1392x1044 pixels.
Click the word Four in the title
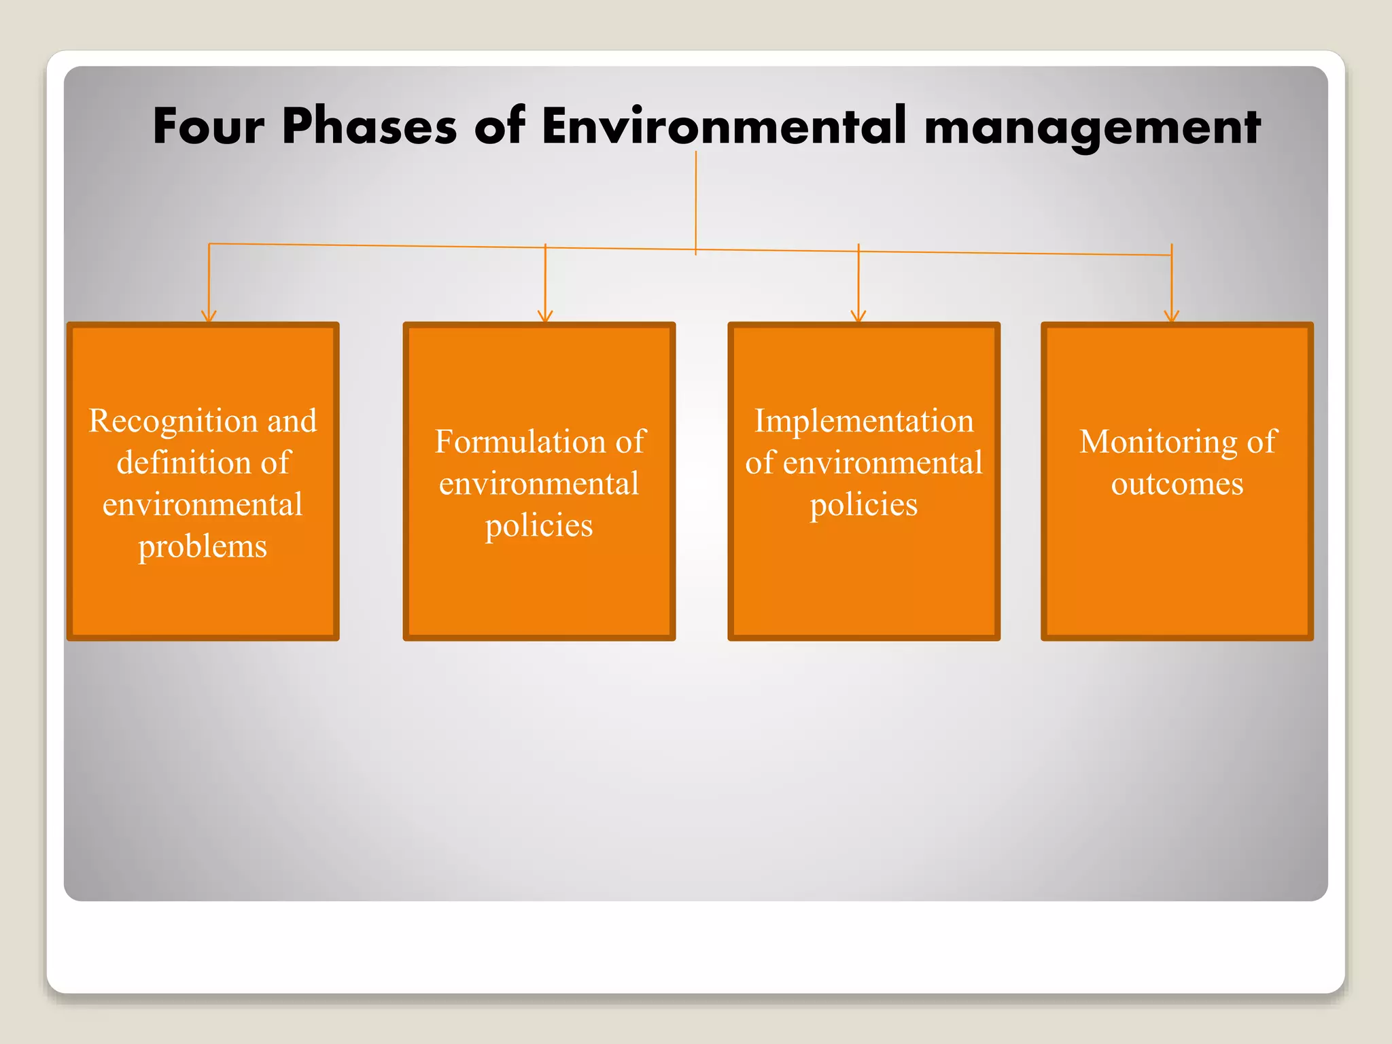pyautogui.click(x=208, y=126)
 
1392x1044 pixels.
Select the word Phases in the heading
pyautogui.click(x=369, y=126)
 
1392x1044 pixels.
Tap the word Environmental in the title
pyautogui.click(x=724, y=126)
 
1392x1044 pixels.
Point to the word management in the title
pyautogui.click(x=1092, y=128)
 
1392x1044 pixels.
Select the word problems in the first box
pyautogui.click(x=203, y=546)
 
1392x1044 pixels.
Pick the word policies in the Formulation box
pyautogui.click(x=539, y=525)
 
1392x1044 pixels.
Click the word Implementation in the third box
pyautogui.click(x=864, y=421)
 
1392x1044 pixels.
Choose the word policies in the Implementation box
pyautogui.click(x=864, y=505)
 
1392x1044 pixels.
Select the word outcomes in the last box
pyautogui.click(x=1177, y=484)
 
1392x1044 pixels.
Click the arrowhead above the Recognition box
pyautogui.click(x=209, y=317)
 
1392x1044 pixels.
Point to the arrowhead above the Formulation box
pyautogui.click(x=545, y=317)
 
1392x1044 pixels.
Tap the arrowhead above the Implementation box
pyautogui.click(x=858, y=317)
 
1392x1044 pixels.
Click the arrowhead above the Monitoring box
pyautogui.click(x=1171, y=317)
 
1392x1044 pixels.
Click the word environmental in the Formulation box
pyautogui.click(x=539, y=484)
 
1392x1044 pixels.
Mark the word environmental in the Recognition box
pyautogui.click(x=203, y=505)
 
